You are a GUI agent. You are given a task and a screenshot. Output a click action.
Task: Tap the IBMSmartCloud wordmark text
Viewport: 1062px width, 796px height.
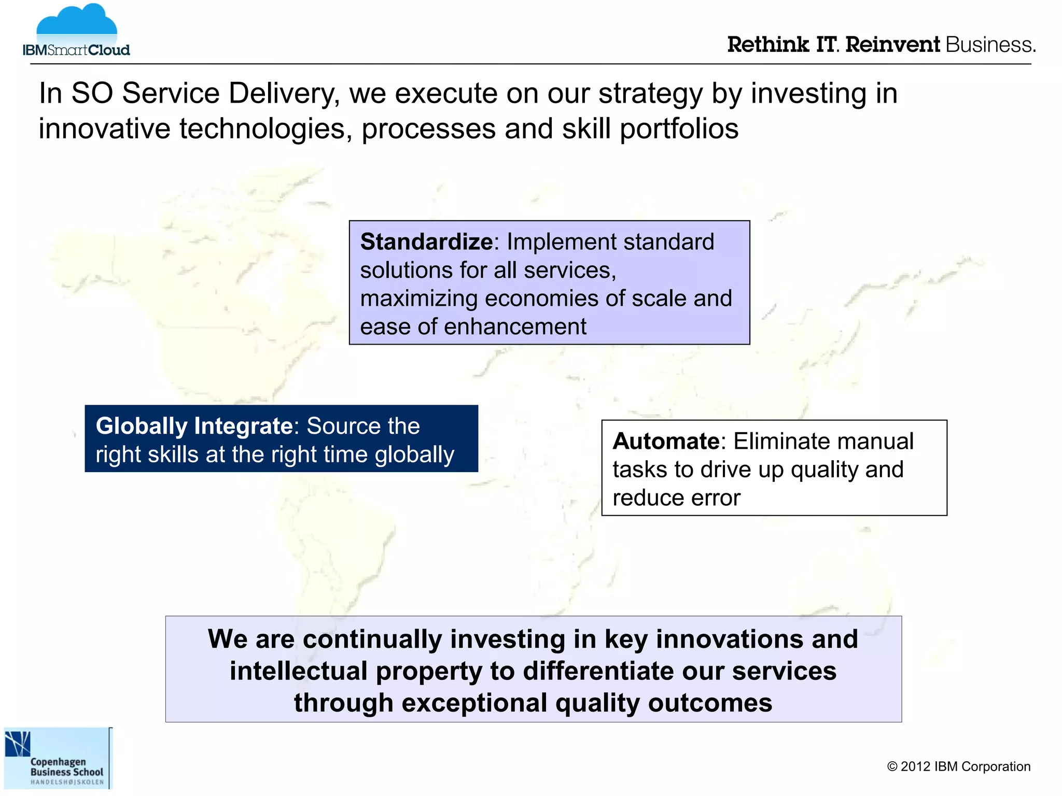click(x=76, y=50)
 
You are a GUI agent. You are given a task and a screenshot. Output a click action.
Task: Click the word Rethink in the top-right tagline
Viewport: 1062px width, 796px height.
click(x=768, y=45)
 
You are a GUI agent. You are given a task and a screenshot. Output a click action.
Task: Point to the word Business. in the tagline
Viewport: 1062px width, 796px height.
click(x=990, y=45)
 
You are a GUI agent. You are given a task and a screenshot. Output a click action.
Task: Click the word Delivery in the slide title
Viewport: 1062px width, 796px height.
click(x=284, y=94)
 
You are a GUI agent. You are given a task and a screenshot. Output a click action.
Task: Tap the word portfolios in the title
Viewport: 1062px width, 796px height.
click(x=679, y=129)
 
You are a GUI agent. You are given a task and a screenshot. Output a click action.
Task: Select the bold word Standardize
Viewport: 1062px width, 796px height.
click(x=426, y=242)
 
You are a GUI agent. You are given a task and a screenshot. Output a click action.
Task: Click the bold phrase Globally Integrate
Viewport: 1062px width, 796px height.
click(x=194, y=427)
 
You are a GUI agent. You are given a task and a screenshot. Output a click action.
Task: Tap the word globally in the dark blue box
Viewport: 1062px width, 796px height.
click(x=414, y=455)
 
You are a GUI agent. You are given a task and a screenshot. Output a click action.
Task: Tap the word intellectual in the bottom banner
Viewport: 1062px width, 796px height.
click(x=299, y=671)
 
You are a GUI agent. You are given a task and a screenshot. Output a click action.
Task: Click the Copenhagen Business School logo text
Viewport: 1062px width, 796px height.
click(x=66, y=767)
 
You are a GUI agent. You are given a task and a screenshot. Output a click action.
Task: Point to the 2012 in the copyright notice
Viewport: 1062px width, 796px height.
click(x=916, y=767)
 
